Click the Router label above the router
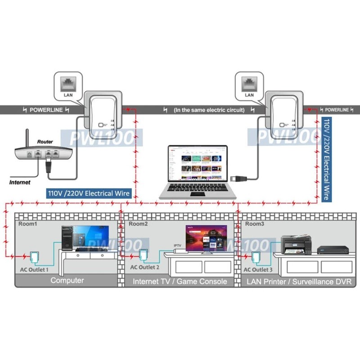click(x=45, y=141)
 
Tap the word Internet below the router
click(x=20, y=182)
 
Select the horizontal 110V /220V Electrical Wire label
click(x=89, y=193)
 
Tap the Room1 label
click(x=27, y=224)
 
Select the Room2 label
click(x=138, y=224)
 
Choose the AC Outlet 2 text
click(x=145, y=267)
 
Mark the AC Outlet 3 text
click(x=258, y=270)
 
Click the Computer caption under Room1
click(x=67, y=281)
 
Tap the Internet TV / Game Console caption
click(x=180, y=282)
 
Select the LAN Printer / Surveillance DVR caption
click(x=299, y=282)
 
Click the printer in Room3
click(x=295, y=246)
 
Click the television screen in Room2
click(x=207, y=238)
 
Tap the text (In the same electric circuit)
click(x=209, y=110)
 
